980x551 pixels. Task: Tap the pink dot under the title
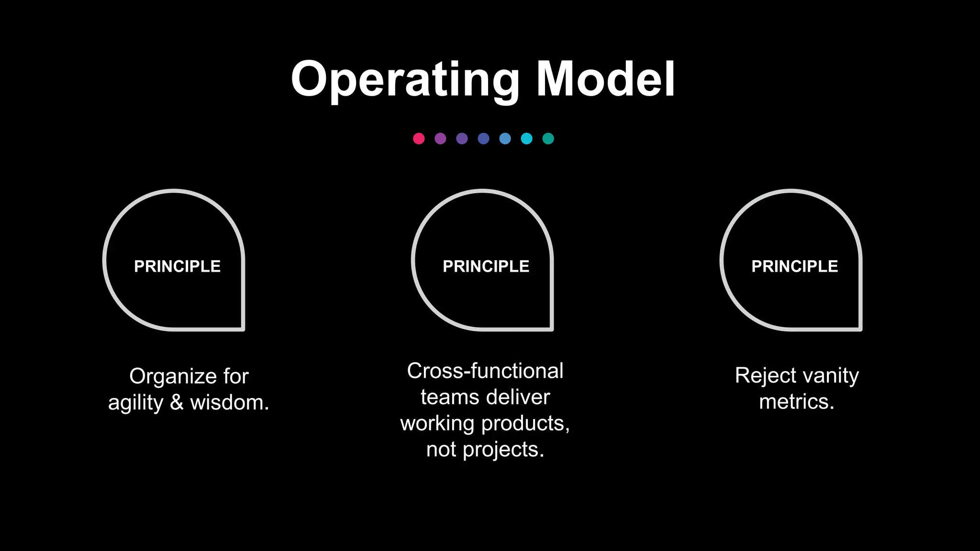[419, 139]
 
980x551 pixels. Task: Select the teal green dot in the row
[548, 139]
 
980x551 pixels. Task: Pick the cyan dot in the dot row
[526, 139]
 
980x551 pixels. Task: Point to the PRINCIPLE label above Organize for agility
[177, 266]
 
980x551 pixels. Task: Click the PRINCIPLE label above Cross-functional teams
[486, 266]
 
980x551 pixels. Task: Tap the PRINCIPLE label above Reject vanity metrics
[794, 266]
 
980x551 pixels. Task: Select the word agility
[135, 403]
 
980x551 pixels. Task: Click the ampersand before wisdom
[177, 402]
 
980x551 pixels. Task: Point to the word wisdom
[229, 402]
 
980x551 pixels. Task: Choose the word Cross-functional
[485, 371]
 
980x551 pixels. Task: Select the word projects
[503, 450]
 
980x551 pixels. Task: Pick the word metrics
[796, 402]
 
